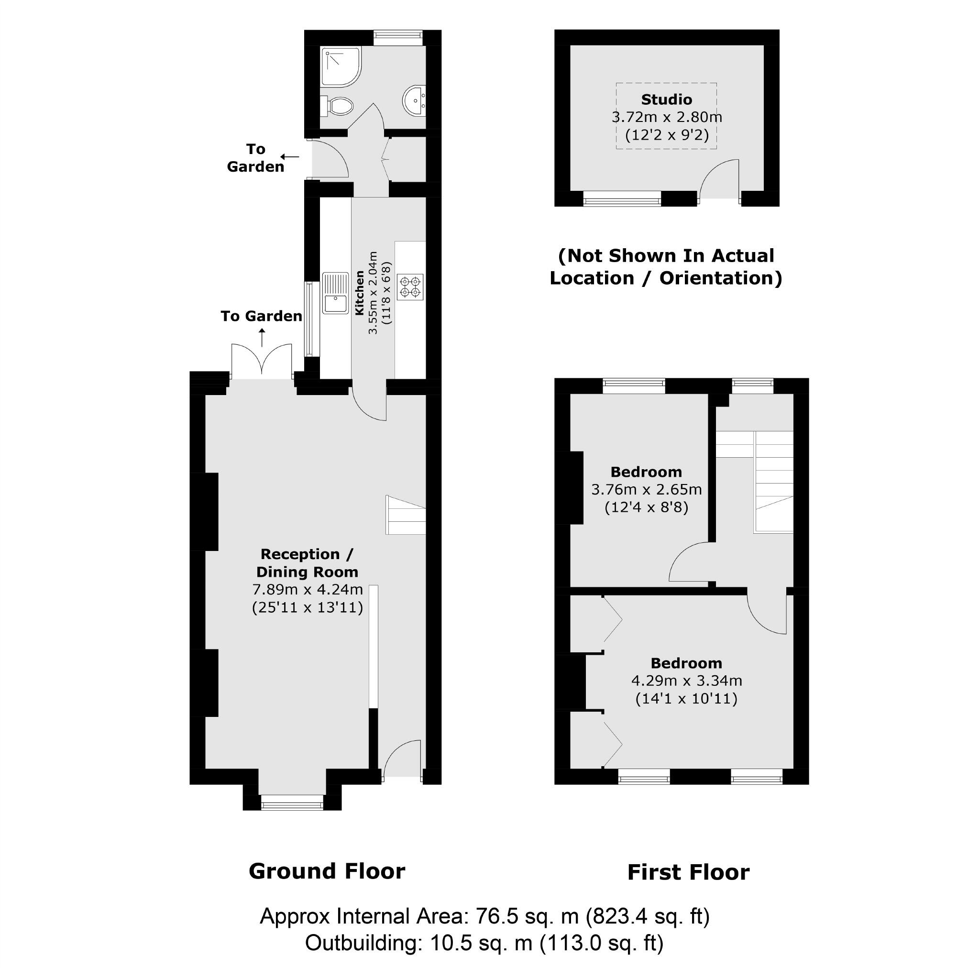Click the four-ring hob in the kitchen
(410, 286)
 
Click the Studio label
(666, 99)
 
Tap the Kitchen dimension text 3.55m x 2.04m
(373, 293)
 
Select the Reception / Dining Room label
(307, 562)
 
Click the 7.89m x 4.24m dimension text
(307, 589)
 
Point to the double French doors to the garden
(262, 361)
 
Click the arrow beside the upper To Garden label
(290, 157)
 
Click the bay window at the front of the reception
(292, 805)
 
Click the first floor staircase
(774, 481)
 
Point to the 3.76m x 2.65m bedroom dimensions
(646, 489)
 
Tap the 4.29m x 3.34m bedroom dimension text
(686, 681)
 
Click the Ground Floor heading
(327, 871)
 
